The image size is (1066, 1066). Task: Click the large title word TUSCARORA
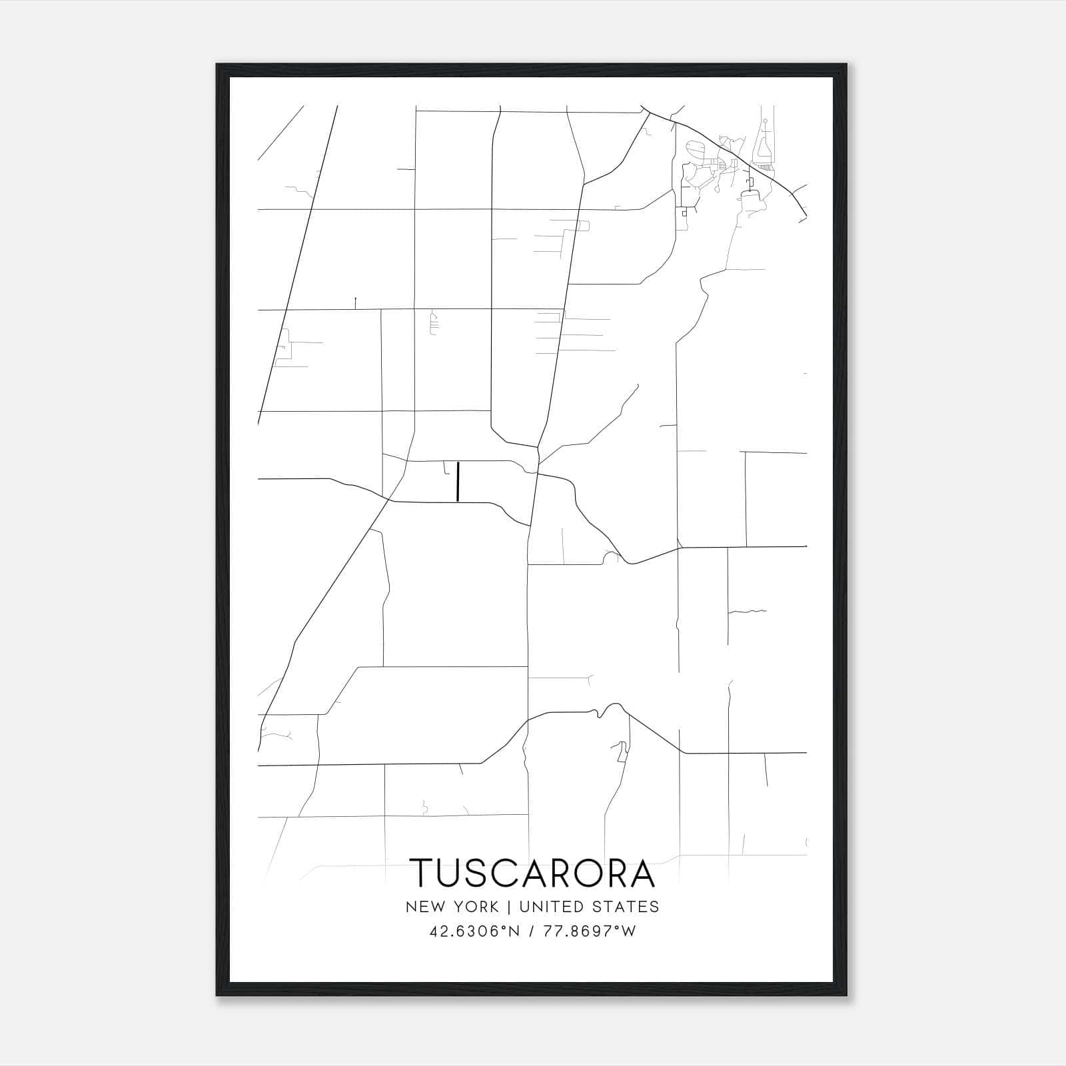[533, 873]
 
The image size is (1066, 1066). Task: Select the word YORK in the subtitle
[475, 907]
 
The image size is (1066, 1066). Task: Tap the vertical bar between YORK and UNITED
[509, 907]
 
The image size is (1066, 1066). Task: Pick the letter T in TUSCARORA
[423, 873]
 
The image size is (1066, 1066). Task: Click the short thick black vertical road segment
[458, 482]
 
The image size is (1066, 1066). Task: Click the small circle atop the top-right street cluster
[766, 121]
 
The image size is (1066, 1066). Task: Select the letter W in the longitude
[629, 931]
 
